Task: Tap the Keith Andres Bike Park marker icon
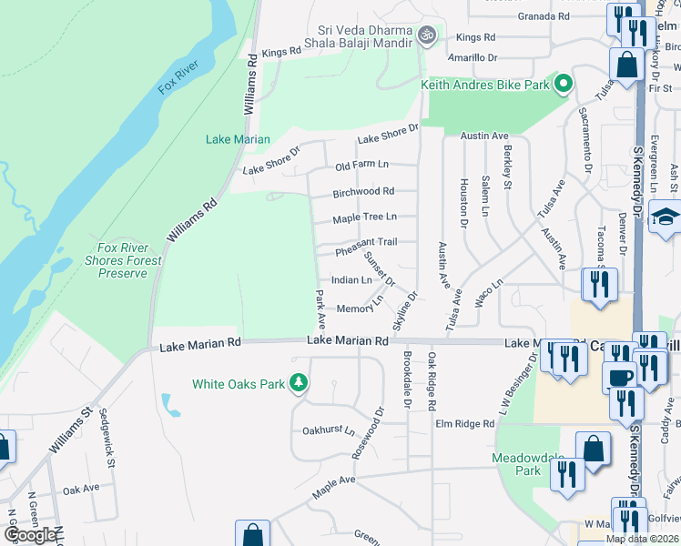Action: [x=564, y=85]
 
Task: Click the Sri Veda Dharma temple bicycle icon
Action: [x=427, y=35]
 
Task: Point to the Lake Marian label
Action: [x=238, y=139]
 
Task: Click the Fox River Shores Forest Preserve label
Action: [x=129, y=260]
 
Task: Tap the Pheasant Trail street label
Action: [x=366, y=242]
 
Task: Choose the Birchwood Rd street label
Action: [x=363, y=191]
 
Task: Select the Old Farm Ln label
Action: [x=361, y=165]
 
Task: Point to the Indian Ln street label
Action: [x=351, y=280]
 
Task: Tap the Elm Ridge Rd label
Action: [x=464, y=424]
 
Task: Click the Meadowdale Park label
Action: [x=516, y=463]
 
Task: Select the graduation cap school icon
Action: [x=666, y=218]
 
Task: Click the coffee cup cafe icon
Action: [x=619, y=377]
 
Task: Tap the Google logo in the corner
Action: [x=29, y=535]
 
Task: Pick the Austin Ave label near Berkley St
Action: [x=483, y=136]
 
